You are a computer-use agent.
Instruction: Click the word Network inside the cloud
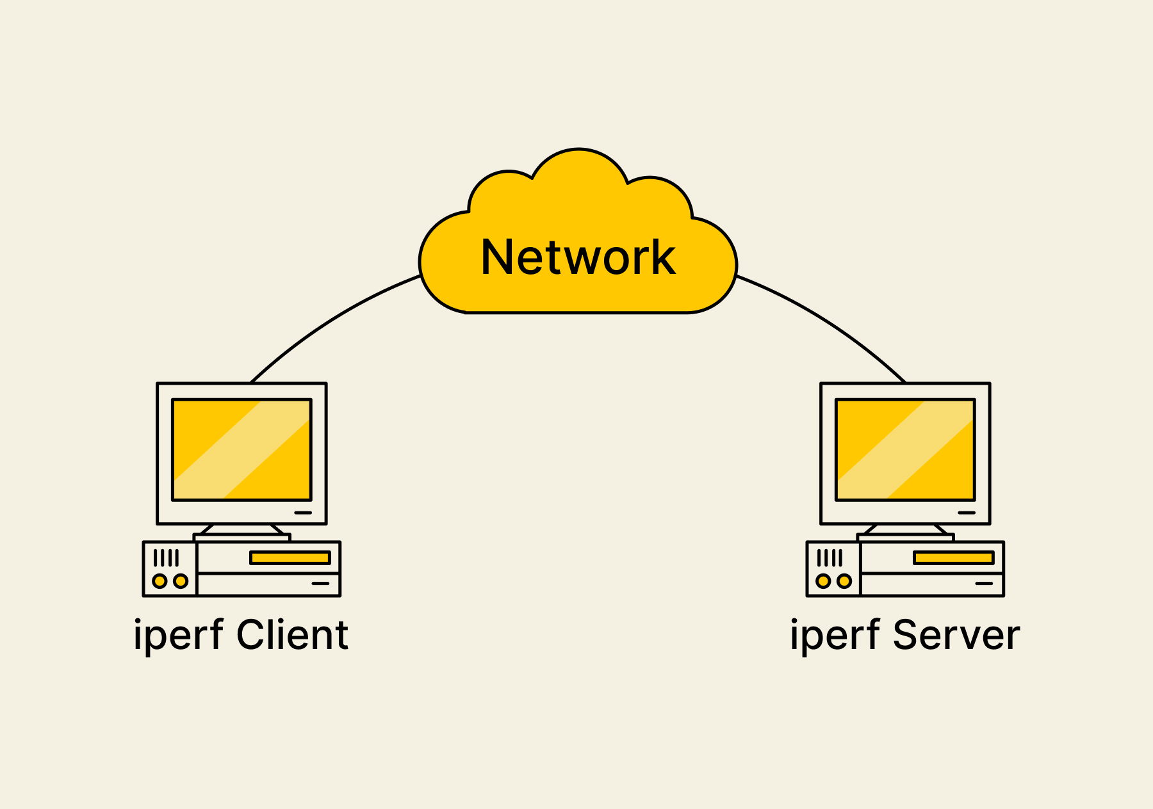pos(578,257)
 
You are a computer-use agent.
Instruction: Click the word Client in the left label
pos(292,635)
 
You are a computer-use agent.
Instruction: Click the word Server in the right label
pos(956,635)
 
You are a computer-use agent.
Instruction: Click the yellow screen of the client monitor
pos(242,450)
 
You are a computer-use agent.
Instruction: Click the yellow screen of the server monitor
pos(905,450)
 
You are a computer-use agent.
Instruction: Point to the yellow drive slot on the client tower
pos(290,558)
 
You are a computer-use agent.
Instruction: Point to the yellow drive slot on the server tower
pos(954,558)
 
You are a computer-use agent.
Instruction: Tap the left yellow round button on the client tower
pos(160,581)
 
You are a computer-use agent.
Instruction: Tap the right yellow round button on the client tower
pos(181,581)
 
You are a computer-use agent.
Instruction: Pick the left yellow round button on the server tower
pos(824,581)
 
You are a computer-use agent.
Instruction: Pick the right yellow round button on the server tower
pos(844,581)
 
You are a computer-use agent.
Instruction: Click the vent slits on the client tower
pos(166,558)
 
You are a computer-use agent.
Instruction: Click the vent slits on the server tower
pos(830,558)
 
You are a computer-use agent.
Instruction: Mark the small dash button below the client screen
pos(303,513)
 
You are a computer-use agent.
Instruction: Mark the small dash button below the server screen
pos(967,513)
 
